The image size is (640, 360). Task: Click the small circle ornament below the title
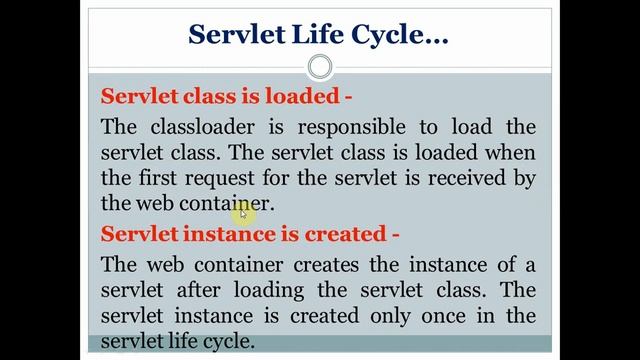tap(320, 68)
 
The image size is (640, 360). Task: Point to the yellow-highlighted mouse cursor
tap(242, 211)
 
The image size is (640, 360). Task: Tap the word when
tap(510, 153)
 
